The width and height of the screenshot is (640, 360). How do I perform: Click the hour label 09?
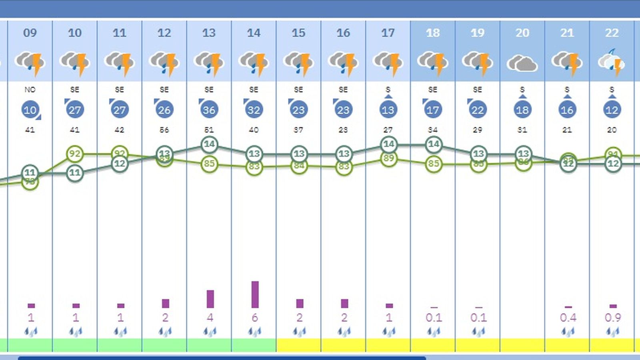coord(30,33)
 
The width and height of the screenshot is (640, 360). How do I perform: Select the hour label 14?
coord(254,33)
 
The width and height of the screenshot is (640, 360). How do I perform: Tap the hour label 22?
coord(612,33)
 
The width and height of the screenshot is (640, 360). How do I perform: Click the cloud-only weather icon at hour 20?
coord(522,63)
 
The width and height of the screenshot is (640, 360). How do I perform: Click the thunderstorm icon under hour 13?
coord(209,63)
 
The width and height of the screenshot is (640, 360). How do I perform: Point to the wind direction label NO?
coord(30,90)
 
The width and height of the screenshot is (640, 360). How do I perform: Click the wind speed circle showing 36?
coord(209,110)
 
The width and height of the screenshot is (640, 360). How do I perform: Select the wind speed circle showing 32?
coord(254,110)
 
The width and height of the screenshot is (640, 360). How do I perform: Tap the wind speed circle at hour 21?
coord(567,110)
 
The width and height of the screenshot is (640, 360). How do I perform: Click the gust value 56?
coord(164,130)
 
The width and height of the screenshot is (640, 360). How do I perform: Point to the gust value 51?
coord(209,130)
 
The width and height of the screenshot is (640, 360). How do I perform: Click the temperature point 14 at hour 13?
coord(209,144)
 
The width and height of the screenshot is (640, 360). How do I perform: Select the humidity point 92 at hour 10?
coord(75,154)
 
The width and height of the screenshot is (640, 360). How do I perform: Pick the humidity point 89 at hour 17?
coord(388,158)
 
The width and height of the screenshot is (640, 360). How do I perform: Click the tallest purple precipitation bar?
coord(255,294)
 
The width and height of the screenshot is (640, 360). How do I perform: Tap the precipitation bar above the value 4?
coord(210,299)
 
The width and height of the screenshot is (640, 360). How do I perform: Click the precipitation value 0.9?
coord(613,318)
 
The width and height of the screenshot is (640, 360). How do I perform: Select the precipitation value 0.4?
coord(568,318)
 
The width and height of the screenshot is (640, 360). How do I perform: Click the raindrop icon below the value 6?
coord(254,331)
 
